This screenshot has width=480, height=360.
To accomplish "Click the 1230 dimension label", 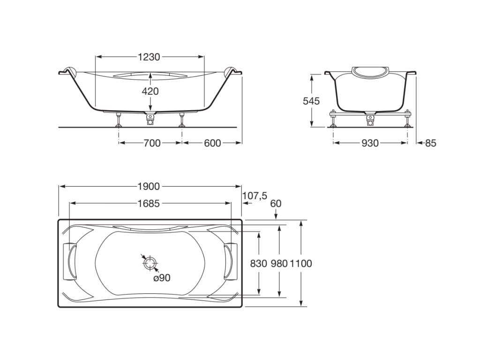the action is tap(149, 57).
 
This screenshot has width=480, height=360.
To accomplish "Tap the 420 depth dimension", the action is tap(150, 91).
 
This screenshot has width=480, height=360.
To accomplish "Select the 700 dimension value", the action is tap(151, 143).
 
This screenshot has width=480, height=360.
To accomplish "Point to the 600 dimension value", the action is tap(212, 143).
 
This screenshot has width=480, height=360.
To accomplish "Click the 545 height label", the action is tap(311, 101).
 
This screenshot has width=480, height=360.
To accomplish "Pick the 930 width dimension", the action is tap(370, 143).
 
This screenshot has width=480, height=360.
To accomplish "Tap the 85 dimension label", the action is tap(430, 143).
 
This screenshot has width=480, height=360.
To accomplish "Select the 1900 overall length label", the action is tap(149, 187).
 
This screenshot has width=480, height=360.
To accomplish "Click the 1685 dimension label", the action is tap(149, 203).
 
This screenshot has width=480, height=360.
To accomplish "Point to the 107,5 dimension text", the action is tap(255, 196).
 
